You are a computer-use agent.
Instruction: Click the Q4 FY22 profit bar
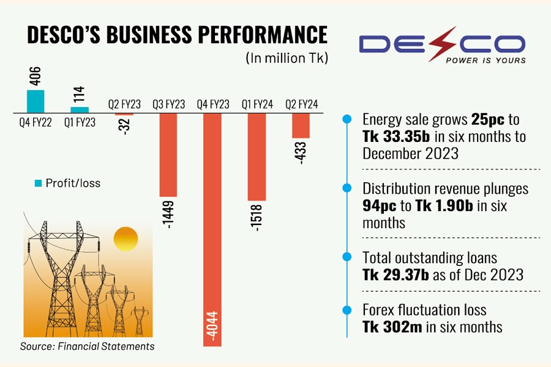(36, 101)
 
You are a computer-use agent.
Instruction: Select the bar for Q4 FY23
(212, 229)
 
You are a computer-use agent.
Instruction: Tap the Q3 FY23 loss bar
(168, 154)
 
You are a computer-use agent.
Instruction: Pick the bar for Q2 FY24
(301, 125)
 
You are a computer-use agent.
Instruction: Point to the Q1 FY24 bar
(257, 157)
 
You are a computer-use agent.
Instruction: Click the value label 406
(36, 77)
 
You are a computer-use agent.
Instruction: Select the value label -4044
(212, 328)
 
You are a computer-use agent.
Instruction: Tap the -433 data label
(301, 153)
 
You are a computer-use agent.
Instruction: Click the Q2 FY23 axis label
(124, 105)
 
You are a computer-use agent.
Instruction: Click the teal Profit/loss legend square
(39, 183)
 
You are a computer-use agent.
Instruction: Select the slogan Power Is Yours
(485, 61)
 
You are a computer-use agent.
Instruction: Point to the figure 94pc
(380, 206)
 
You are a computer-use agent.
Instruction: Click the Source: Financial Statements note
(87, 346)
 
